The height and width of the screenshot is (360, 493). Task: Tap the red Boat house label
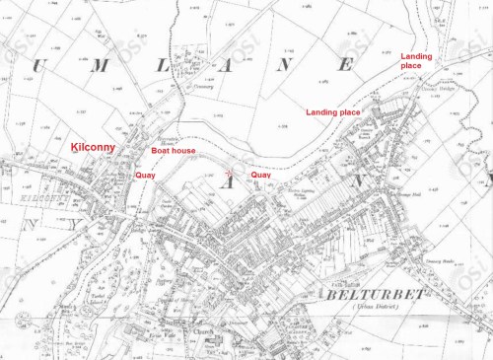pyautogui.click(x=168, y=152)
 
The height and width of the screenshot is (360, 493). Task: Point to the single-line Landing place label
pyautogui.click(x=333, y=112)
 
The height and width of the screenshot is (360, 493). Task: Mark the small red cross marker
pyautogui.click(x=231, y=171)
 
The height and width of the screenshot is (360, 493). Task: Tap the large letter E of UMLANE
pyautogui.click(x=345, y=65)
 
